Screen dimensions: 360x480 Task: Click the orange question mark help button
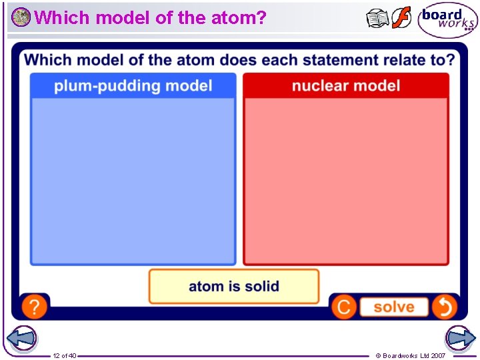pyautogui.click(x=34, y=307)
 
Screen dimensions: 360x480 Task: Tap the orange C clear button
pyautogui.click(x=343, y=307)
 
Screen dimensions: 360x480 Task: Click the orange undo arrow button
pyautogui.click(x=444, y=307)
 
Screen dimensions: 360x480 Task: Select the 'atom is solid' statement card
pyautogui.click(x=233, y=286)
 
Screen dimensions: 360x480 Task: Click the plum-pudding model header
pyautogui.click(x=133, y=86)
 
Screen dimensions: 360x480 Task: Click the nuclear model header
pyautogui.click(x=345, y=86)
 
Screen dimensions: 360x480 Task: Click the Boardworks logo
pyautogui.click(x=447, y=21)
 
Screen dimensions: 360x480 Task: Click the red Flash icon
pyautogui.click(x=401, y=18)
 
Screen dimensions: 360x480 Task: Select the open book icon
pyautogui.click(x=378, y=19)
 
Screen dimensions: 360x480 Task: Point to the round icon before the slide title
pyautogui.click(x=21, y=17)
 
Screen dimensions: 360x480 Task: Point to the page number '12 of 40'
pyautogui.click(x=65, y=355)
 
